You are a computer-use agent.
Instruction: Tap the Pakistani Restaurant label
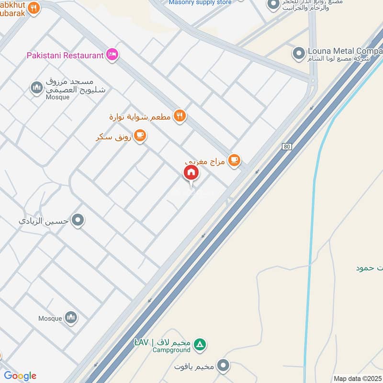click(65, 55)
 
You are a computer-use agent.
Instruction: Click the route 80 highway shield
click(286, 146)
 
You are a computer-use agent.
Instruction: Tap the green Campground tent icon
click(201, 344)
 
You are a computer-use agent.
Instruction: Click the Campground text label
click(172, 350)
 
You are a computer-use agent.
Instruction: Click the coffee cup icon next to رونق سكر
click(140, 136)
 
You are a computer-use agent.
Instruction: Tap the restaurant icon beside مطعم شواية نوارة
click(180, 115)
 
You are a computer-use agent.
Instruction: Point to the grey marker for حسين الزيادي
click(78, 221)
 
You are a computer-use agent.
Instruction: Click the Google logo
click(20, 376)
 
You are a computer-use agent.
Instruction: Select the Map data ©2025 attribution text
click(357, 378)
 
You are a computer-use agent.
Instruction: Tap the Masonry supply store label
click(200, 2)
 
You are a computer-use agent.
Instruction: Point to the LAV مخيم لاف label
click(162, 343)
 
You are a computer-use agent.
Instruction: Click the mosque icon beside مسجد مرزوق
click(37, 88)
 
